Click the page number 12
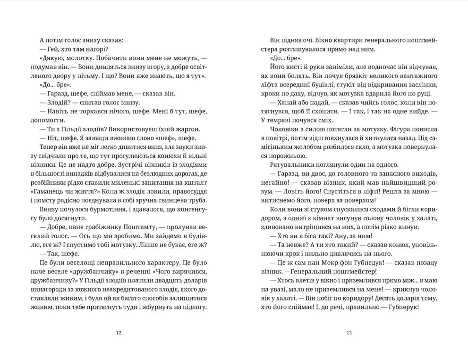(119, 333)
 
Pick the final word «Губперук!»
(405, 307)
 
